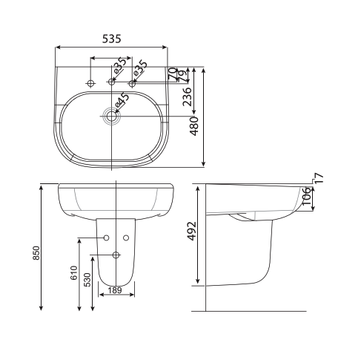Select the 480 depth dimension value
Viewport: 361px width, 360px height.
coord(195,126)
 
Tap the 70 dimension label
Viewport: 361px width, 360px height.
coord(173,73)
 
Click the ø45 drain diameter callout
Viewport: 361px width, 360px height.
coord(125,100)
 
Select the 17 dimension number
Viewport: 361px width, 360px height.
coord(318,178)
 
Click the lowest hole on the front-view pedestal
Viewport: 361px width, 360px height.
coord(116,255)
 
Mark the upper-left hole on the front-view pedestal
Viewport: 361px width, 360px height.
coord(106,238)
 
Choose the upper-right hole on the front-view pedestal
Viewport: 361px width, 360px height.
coord(126,238)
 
